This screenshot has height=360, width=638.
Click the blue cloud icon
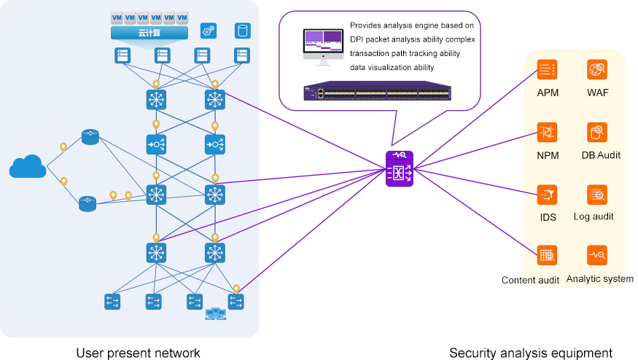pos(28,167)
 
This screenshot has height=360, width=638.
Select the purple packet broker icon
pos(400,169)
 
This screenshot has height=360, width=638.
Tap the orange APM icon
pos(547,70)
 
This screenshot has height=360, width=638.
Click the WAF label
pos(597,93)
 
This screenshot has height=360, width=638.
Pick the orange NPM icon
pos(547,133)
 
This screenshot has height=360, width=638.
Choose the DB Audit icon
pos(597,133)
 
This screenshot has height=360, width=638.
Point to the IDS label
pos(547,217)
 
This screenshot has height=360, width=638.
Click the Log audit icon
pos(597,195)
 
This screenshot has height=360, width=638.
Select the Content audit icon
pos(547,256)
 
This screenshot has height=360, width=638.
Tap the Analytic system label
pos(599,279)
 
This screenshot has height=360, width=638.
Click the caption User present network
pos(138,353)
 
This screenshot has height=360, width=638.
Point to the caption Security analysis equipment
pos(531,353)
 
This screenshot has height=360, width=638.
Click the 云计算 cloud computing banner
pos(149,34)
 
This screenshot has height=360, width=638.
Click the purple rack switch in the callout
pos(378,93)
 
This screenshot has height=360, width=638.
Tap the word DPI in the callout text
pos(358,39)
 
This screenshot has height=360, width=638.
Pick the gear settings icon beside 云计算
pos(208,31)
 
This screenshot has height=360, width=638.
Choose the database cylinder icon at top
pos(242,31)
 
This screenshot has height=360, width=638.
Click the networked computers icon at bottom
pos(215,314)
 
